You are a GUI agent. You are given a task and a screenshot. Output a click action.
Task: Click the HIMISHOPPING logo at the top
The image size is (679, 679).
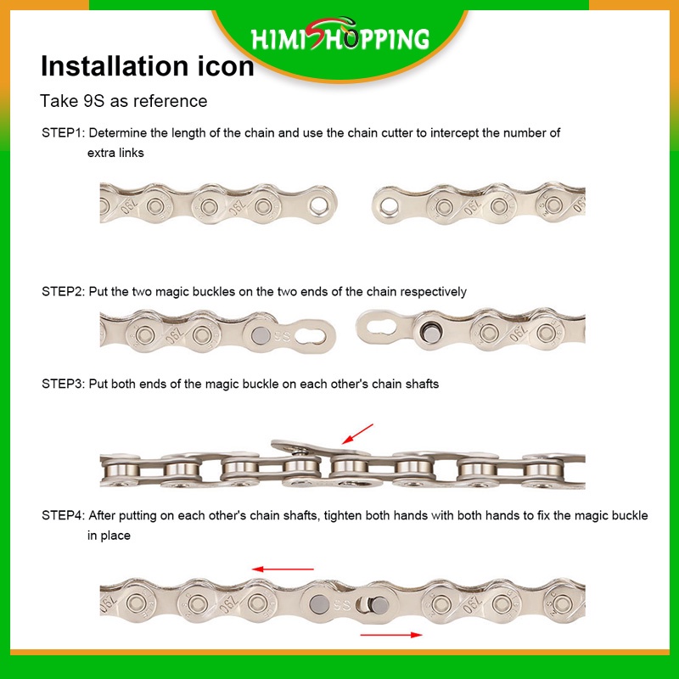coord(340,36)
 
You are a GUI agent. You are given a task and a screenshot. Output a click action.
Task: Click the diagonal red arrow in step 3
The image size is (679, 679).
coord(357,434)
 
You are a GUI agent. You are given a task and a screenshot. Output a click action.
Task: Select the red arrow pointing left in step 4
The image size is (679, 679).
coord(283,569)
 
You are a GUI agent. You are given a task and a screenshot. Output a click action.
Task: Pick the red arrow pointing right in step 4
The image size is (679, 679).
coord(391,635)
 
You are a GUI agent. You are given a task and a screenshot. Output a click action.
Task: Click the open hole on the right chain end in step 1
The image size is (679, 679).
coord(389,205)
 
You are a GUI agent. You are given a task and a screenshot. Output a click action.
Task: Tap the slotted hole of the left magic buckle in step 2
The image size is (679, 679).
coord(311,334)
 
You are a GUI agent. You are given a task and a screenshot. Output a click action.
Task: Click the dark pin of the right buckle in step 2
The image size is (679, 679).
coord(430,333)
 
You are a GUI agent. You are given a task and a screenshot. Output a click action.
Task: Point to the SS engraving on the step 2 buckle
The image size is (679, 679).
coord(282,335)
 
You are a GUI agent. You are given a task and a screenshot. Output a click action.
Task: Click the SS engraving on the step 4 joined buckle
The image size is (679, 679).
coord(342,605)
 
